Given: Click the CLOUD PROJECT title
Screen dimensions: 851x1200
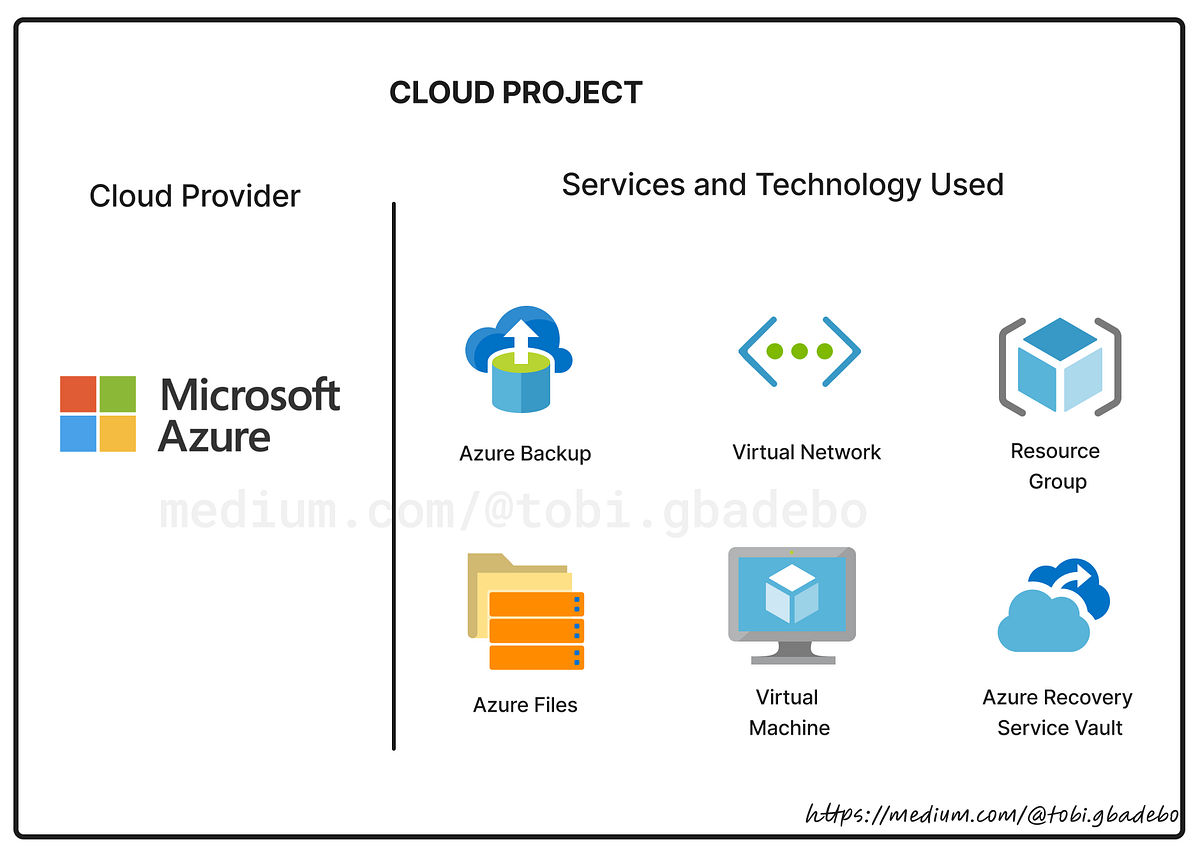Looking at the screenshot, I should pyautogui.click(x=515, y=93).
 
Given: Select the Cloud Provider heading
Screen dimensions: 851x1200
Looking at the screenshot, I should pyautogui.click(x=195, y=196).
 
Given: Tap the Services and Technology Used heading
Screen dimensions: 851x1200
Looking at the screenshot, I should pyautogui.click(x=782, y=184).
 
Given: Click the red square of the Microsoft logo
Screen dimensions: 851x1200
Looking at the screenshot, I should pyautogui.click(x=77, y=394).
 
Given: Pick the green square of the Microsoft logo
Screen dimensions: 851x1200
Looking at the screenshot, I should pyautogui.click(x=118, y=394).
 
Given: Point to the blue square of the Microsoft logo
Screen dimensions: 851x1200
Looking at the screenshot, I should pyautogui.click(x=77, y=434).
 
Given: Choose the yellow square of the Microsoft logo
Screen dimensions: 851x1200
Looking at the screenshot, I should pyautogui.click(x=118, y=434).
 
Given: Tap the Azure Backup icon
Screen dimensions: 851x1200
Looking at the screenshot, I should pyautogui.click(x=517, y=360).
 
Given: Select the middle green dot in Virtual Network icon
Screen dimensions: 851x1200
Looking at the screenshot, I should pyautogui.click(x=799, y=351).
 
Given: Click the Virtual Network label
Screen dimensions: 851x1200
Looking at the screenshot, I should pyautogui.click(x=806, y=452).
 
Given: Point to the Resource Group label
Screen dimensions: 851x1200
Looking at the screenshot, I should pyautogui.click(x=1055, y=466).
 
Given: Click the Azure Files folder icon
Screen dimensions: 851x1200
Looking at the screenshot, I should pyautogui.click(x=525, y=611).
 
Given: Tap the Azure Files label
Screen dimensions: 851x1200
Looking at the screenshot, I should pyautogui.click(x=525, y=705).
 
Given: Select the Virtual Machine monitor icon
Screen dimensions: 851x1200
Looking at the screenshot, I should pyautogui.click(x=791, y=604).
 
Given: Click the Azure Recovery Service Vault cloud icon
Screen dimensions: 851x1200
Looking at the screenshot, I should pyautogui.click(x=1052, y=606).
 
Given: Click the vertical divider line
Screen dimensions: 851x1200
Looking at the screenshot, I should pyautogui.click(x=394, y=475).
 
